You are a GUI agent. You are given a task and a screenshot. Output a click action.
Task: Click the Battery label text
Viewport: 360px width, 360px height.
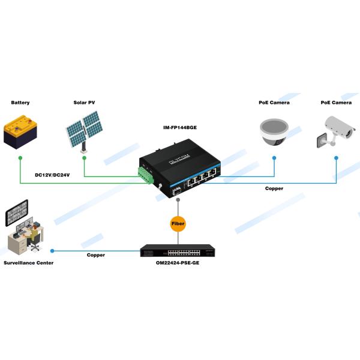pyautogui.click(x=20, y=103)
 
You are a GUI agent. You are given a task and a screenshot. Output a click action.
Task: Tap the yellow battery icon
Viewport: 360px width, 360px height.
pyautogui.click(x=20, y=133)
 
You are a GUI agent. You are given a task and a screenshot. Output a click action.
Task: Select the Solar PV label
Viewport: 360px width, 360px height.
pyautogui.click(x=84, y=103)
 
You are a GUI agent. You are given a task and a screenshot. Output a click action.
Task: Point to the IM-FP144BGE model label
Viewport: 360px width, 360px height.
pyautogui.click(x=179, y=128)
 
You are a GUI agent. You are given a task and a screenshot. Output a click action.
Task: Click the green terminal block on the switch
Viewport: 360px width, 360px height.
pyautogui.click(x=146, y=176)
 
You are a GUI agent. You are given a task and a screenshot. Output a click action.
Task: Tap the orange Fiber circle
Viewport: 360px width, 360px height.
pyautogui.click(x=178, y=224)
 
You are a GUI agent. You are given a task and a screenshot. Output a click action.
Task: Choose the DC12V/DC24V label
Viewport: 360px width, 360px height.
pyautogui.click(x=53, y=175)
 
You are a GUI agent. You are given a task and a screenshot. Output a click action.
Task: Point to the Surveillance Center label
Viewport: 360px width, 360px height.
pyautogui.click(x=28, y=263)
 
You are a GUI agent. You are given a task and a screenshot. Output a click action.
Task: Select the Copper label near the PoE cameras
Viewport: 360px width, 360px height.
pyautogui.click(x=274, y=188)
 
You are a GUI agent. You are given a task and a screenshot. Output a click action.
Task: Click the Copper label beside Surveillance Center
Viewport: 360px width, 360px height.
pyautogui.click(x=96, y=255)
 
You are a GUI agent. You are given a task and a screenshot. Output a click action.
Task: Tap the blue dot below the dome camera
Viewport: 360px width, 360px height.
pyautogui.click(x=274, y=158)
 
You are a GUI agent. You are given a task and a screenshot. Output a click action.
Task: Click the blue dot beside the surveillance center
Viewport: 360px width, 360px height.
pyautogui.click(x=53, y=251)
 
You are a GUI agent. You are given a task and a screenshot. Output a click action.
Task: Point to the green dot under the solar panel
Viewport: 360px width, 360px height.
pyautogui.click(x=84, y=158)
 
